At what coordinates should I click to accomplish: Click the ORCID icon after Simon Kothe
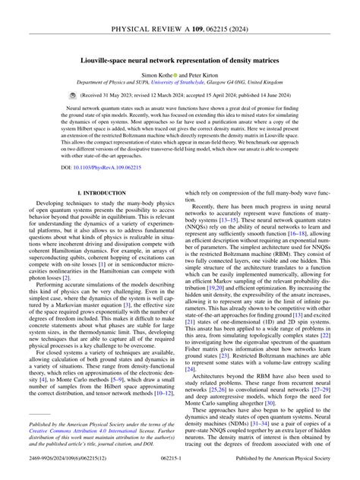pos(177,77)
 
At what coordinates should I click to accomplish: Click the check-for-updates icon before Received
pos(63,97)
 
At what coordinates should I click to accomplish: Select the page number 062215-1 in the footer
pos(179,469)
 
